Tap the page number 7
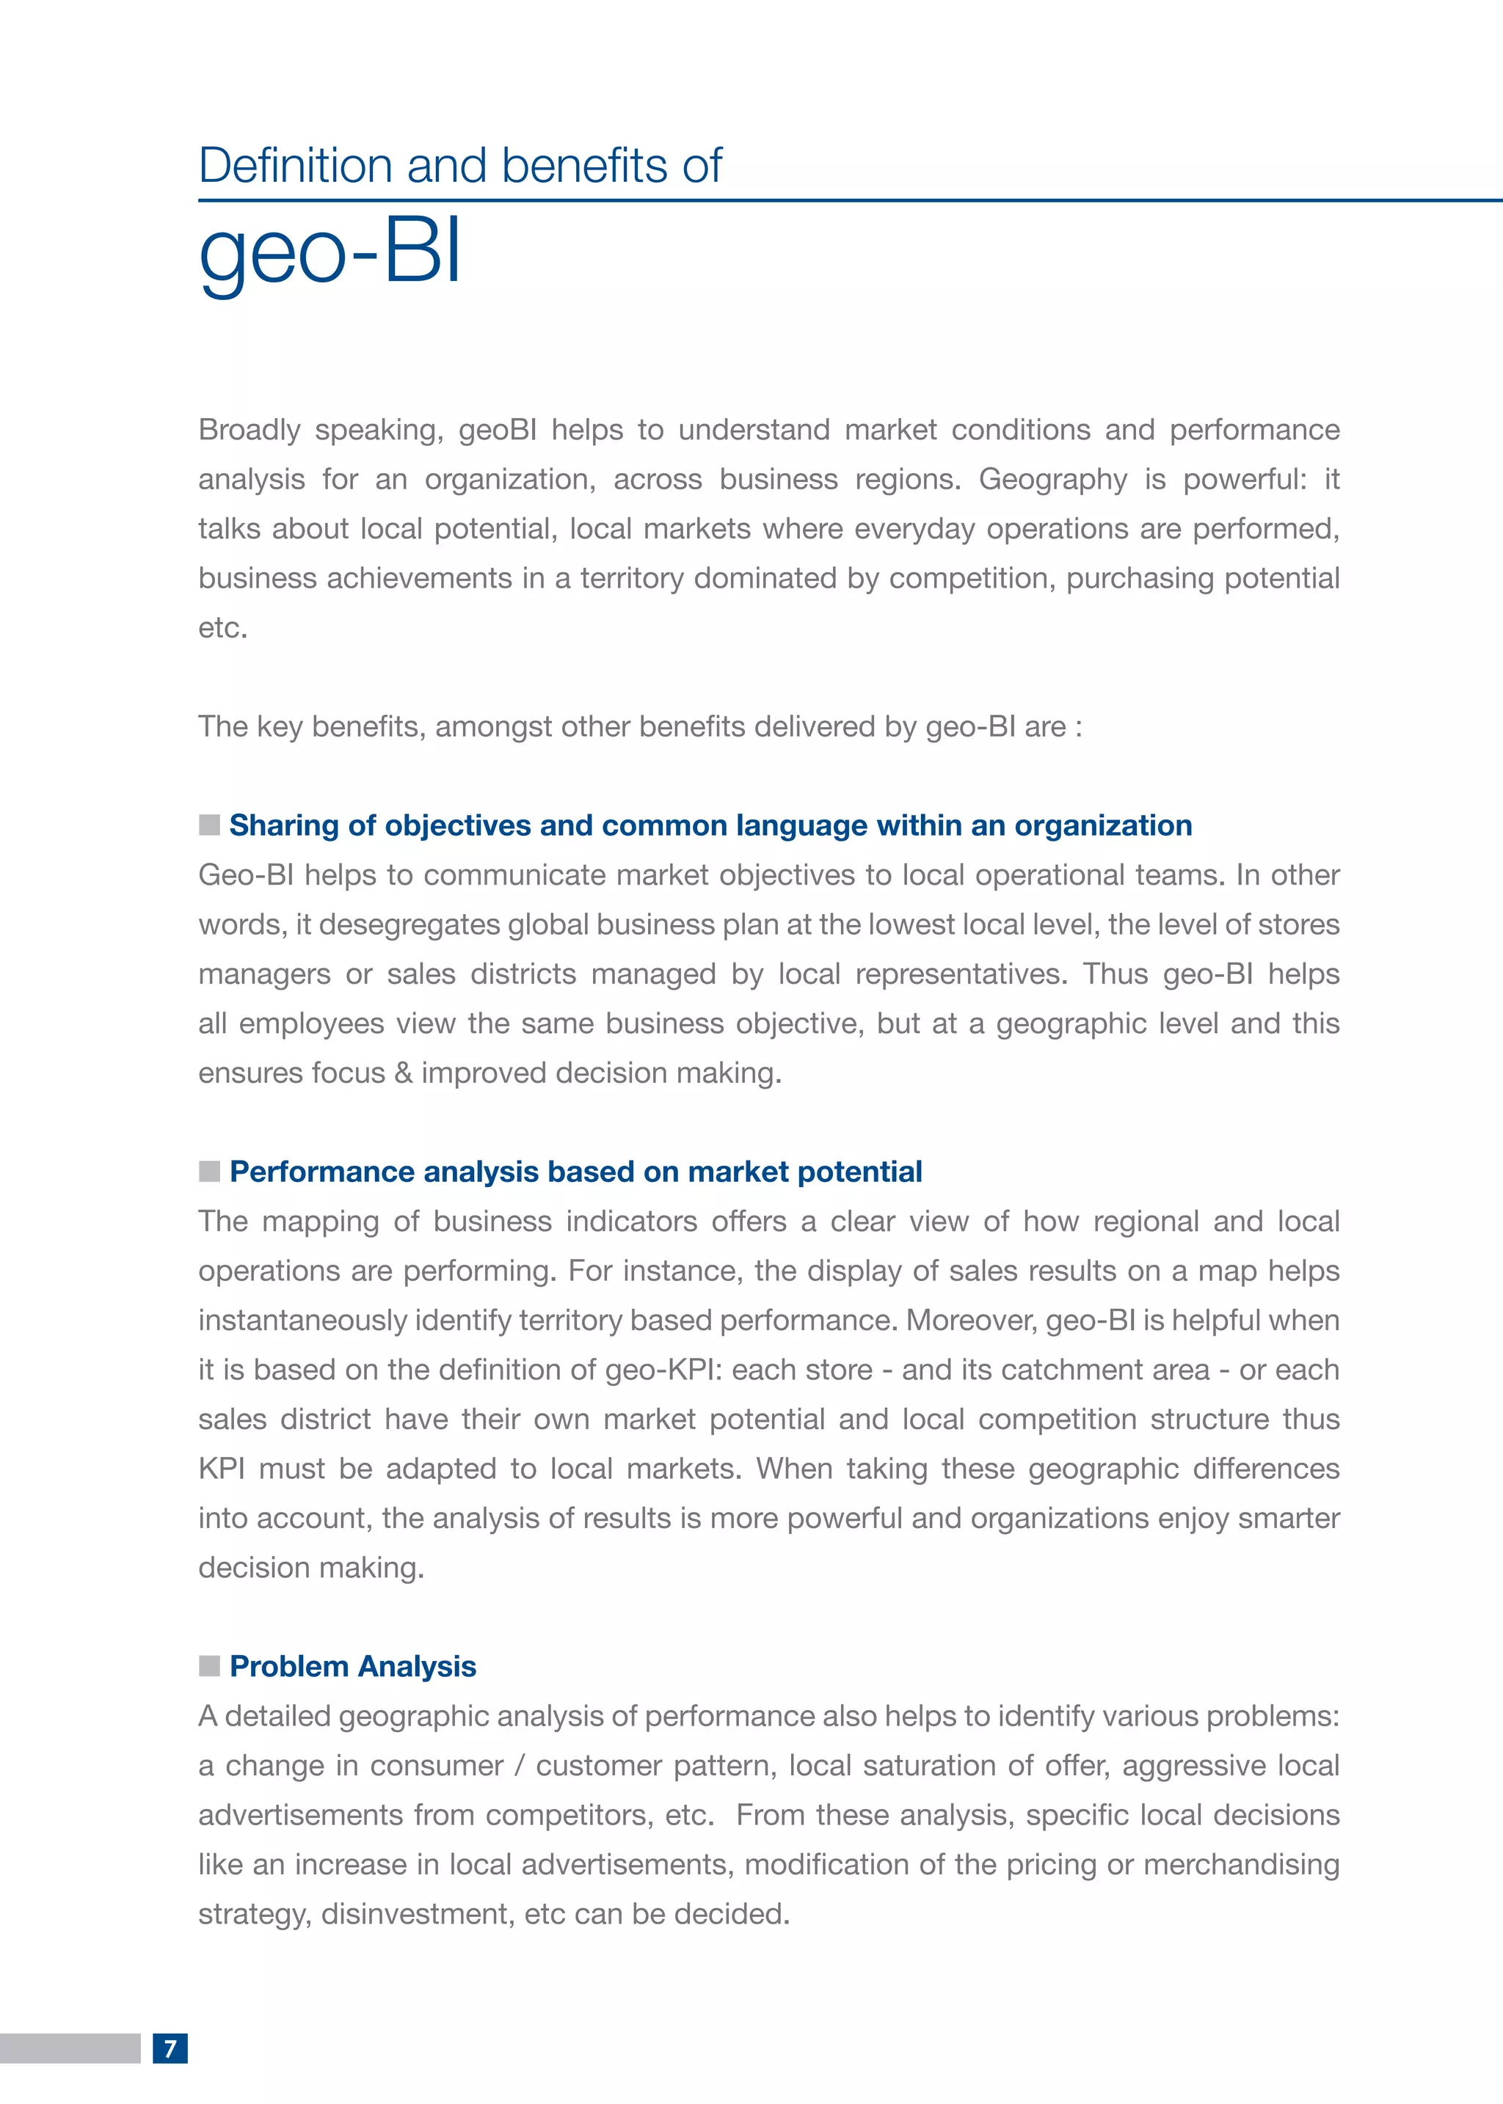pos(170,2048)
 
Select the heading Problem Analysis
pos(352,1666)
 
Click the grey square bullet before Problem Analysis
pos(209,1666)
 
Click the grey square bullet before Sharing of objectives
pos(209,825)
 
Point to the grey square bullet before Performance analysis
pos(209,1172)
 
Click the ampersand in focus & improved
pos(403,1073)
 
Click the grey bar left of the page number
pos(70,2048)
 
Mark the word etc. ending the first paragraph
pos(222,628)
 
